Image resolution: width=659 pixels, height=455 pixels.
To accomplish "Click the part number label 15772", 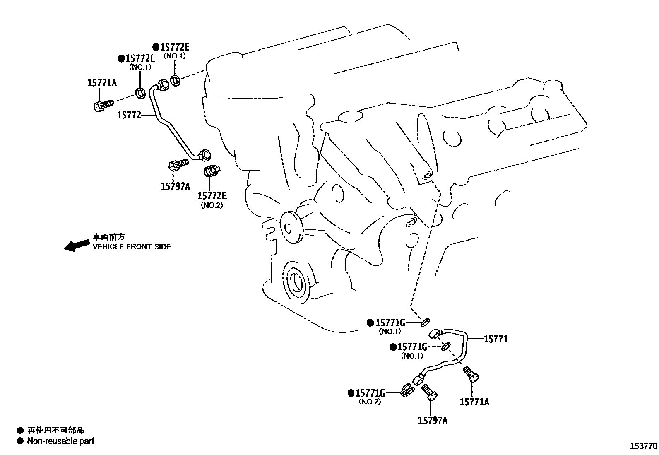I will click(x=129, y=115).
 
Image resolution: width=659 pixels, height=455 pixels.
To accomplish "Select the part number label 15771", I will click(x=495, y=339).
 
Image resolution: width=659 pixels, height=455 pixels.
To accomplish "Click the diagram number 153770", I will click(x=643, y=446).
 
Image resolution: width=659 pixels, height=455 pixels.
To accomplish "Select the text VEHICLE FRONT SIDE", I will click(x=131, y=247).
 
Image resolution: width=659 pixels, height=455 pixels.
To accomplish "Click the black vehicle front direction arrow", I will click(x=77, y=245).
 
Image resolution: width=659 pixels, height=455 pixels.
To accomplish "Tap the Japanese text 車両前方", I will click(x=108, y=237).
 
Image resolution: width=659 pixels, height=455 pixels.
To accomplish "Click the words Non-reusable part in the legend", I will click(x=60, y=441).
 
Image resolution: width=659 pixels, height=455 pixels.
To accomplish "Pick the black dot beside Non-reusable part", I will click(x=20, y=441).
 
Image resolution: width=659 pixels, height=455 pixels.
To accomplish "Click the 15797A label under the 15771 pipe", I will click(x=433, y=421).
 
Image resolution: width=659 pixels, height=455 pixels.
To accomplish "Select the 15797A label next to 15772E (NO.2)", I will click(x=175, y=186).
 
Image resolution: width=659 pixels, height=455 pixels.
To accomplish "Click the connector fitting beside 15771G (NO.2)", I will click(x=407, y=390).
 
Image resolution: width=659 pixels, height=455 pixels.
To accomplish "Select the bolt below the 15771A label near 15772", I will click(x=102, y=105).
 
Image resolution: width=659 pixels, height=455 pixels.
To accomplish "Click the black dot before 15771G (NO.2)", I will click(x=351, y=393).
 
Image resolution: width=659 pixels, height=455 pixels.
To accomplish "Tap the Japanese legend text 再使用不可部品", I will click(x=55, y=431).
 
